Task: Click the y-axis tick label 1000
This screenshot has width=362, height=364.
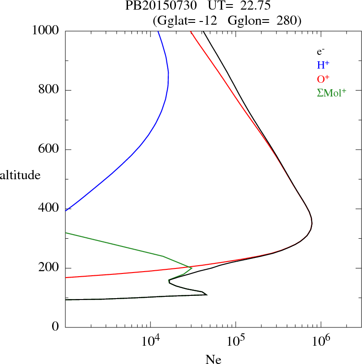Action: (x=46, y=31)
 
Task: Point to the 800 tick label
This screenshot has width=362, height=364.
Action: (x=49, y=90)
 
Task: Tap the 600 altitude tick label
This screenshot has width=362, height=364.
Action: (x=49, y=150)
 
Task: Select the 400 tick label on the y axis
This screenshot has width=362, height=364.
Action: (x=49, y=209)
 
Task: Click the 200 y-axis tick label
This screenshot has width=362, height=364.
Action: (x=49, y=268)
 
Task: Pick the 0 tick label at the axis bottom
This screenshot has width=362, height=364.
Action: (x=56, y=327)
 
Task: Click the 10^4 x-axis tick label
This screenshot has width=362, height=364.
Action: (x=150, y=341)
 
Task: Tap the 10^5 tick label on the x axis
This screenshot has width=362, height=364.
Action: (x=235, y=341)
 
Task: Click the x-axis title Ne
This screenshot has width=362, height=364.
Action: (x=213, y=359)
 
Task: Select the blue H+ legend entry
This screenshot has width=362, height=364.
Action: (x=324, y=65)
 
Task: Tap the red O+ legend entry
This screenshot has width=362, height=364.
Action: (x=324, y=79)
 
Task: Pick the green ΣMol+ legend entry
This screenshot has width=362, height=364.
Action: (x=331, y=92)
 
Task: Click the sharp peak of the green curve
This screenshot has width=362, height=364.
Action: (x=192, y=268)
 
